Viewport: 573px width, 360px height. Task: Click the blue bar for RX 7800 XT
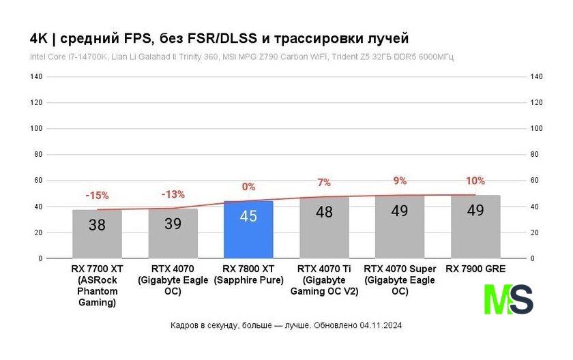pos(248,230)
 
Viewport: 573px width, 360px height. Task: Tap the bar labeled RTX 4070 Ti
pos(324,228)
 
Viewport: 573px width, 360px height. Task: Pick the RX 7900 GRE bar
pos(475,227)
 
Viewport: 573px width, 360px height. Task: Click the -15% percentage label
pos(97,196)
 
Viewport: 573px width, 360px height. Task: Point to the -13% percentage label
pos(173,194)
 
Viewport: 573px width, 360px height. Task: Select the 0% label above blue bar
pos(248,186)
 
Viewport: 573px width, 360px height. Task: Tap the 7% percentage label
pos(324,183)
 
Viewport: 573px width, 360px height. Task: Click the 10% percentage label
pos(475,181)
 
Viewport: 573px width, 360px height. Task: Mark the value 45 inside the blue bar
pos(248,216)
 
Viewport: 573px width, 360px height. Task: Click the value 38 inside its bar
pos(98,224)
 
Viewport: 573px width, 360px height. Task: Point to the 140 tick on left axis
pos(36,77)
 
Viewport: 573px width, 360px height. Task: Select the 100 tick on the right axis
pos(536,129)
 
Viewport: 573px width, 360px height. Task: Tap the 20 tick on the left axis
pos(38,232)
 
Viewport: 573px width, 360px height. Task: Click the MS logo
pos(508,299)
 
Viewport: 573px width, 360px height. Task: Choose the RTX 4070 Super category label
pos(400,280)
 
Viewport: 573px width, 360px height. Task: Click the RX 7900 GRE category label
pos(475,269)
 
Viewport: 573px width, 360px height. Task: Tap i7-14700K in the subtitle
pos(83,57)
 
